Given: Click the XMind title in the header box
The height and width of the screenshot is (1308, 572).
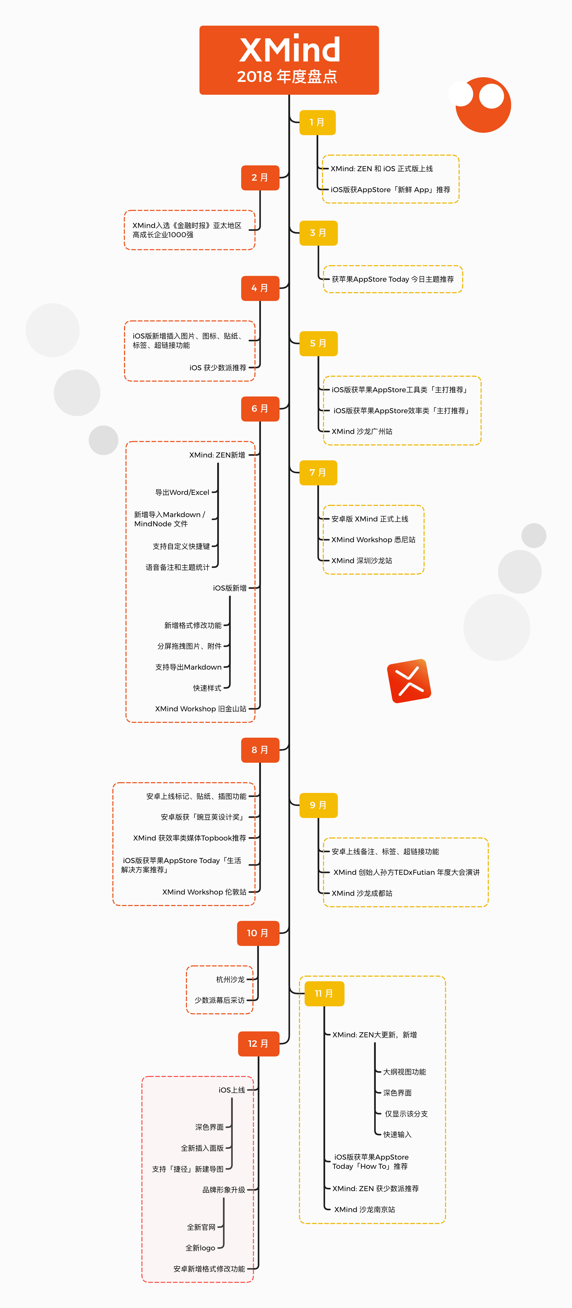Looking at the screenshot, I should click(x=289, y=50).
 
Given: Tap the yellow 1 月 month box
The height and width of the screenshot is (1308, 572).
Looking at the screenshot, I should click(x=317, y=122).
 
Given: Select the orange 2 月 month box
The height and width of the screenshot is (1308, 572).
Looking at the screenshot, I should click(x=260, y=178).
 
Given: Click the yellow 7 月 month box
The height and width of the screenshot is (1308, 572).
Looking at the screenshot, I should click(x=318, y=473).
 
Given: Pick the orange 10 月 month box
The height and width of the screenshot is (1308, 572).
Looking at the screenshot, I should click(x=258, y=933).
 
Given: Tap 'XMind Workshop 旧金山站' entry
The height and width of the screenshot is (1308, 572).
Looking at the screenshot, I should click(x=201, y=709).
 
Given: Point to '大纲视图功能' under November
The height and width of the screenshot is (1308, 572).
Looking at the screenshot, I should click(x=404, y=1072).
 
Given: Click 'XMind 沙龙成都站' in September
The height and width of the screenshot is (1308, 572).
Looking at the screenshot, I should click(x=362, y=893).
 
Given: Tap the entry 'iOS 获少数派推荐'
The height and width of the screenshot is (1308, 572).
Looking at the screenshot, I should click(x=218, y=368).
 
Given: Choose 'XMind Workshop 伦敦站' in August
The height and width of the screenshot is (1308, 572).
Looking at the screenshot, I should click(x=204, y=892).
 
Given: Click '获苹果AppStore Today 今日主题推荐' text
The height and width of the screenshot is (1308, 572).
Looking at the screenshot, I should click(x=393, y=279).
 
